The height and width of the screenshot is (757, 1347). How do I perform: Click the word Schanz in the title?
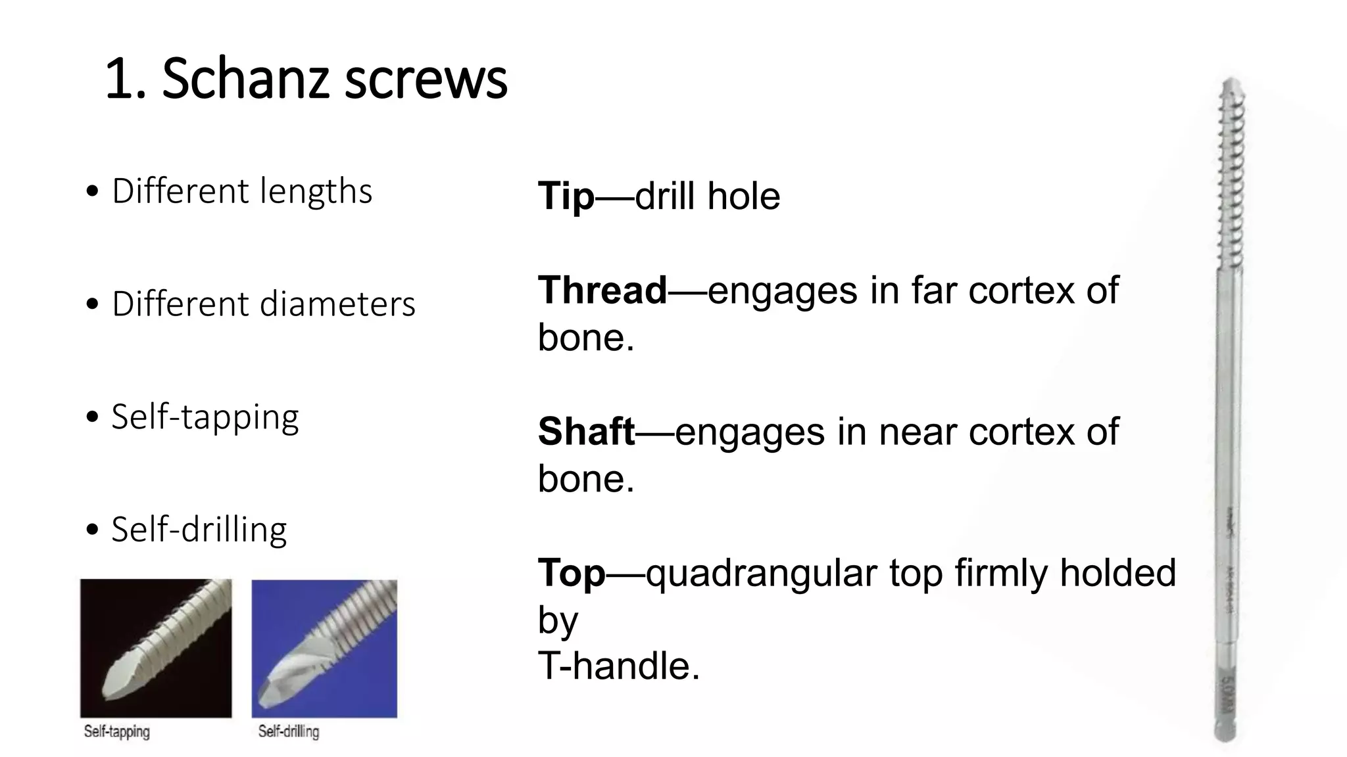point(245,79)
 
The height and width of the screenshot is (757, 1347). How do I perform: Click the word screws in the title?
point(426,79)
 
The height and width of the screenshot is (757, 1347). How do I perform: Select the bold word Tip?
point(566,196)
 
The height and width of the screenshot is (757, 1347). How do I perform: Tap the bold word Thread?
point(602,290)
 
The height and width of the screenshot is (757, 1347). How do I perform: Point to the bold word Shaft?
point(586,431)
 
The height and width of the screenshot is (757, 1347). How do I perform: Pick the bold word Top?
point(571,572)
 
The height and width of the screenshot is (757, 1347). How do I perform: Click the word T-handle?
point(618,666)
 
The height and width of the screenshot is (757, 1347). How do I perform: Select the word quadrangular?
point(761,574)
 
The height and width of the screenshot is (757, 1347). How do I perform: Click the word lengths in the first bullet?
point(316,191)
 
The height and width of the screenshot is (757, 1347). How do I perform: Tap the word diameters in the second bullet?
point(338,304)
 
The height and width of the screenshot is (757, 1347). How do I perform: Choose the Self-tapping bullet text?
point(205,417)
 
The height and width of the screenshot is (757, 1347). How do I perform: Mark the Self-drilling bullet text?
point(199,530)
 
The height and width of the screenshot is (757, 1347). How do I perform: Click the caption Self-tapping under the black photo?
point(116,731)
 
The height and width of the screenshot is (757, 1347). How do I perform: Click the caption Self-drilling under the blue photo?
point(288,731)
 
